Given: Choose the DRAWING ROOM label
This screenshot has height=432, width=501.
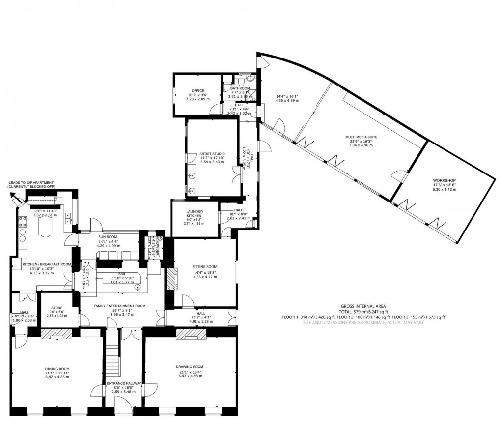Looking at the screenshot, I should coord(190,367).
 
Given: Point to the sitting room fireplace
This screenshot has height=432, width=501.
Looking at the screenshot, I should coord(170,280).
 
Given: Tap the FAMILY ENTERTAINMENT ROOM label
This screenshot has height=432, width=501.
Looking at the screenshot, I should coord(120,306).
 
